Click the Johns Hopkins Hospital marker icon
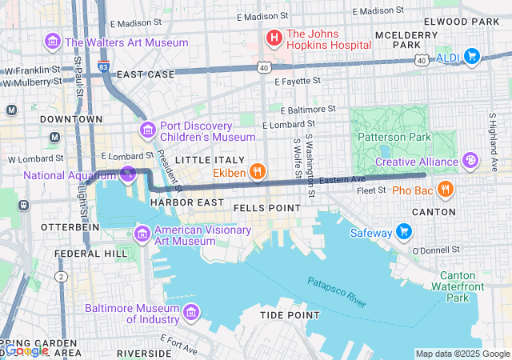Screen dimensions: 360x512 [x=274, y=38]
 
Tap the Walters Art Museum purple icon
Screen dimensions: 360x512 [x=54, y=41]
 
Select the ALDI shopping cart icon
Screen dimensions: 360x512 [x=471, y=55]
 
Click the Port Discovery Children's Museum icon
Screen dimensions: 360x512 [x=147, y=130]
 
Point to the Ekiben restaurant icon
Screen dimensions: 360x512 [x=257, y=170]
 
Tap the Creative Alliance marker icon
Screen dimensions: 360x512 [x=471, y=162]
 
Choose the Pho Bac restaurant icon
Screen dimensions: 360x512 [x=446, y=190]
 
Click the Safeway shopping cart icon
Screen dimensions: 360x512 [x=404, y=232]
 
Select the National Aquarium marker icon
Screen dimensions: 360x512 [x=128, y=174]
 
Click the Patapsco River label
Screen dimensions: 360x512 [x=336, y=292]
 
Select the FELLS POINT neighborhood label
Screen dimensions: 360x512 [x=266, y=207]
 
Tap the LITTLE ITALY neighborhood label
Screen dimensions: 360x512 [x=204, y=160]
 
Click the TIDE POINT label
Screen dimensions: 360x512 [x=288, y=315]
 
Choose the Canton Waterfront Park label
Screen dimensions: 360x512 [x=466, y=286]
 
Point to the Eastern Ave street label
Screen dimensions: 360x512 [x=342, y=180]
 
